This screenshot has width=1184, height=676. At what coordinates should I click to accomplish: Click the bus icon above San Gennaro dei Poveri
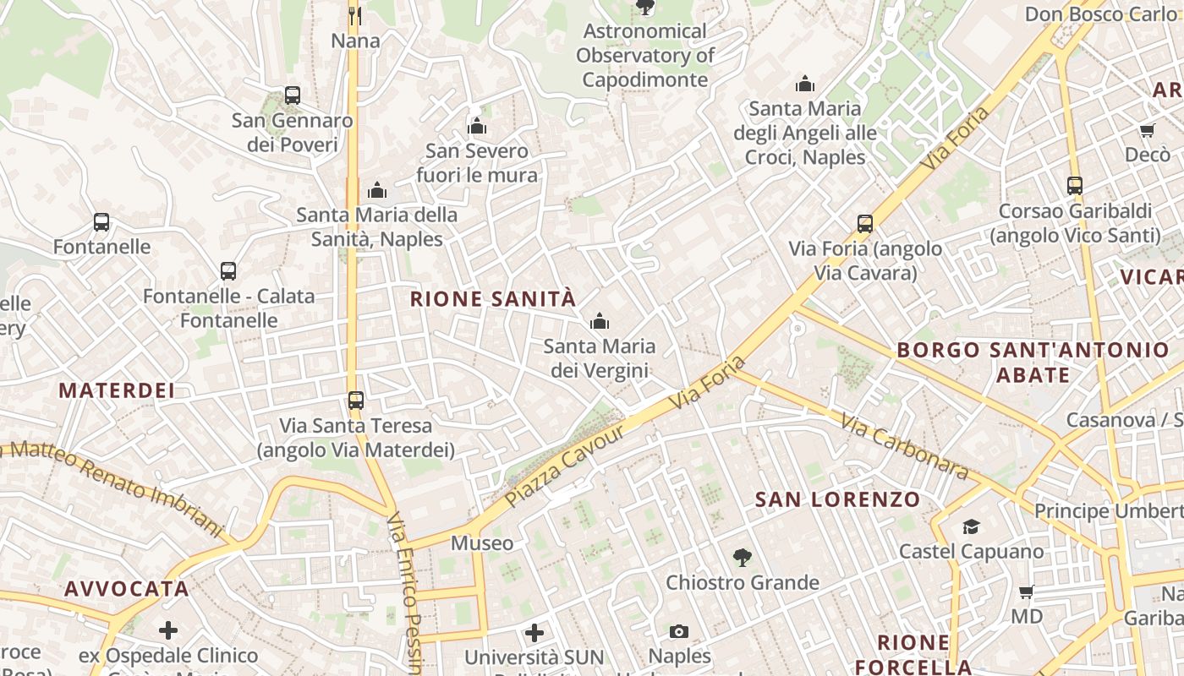(293, 95)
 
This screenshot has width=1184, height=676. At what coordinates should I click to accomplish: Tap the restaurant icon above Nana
(355, 15)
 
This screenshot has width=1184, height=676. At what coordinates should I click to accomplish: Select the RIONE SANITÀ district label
(493, 299)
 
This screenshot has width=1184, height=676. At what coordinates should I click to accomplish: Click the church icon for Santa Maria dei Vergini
(600, 321)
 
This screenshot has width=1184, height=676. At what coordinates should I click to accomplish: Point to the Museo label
(482, 542)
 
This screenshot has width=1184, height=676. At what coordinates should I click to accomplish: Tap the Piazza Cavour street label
(564, 466)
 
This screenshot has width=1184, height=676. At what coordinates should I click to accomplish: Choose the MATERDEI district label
(117, 390)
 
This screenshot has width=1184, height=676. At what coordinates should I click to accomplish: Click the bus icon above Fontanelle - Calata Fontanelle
(228, 271)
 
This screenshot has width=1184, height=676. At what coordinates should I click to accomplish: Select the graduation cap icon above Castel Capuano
(971, 527)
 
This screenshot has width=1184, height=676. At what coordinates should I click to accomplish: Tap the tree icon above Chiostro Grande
(742, 558)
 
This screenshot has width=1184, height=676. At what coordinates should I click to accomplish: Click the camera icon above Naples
(679, 631)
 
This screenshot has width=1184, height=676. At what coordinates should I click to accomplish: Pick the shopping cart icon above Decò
(1148, 130)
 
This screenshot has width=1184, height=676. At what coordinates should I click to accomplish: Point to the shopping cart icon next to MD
(1027, 592)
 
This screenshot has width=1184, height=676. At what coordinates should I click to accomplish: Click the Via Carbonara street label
(904, 445)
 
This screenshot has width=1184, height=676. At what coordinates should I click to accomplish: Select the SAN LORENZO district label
(837, 499)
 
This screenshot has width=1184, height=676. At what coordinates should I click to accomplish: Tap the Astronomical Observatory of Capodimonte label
(645, 56)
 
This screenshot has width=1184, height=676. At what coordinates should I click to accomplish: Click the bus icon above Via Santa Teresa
(356, 400)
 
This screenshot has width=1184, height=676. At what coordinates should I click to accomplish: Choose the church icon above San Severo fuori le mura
(477, 127)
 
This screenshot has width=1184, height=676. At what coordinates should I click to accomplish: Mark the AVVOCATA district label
(126, 589)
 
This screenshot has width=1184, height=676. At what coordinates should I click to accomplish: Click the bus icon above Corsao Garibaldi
(1075, 186)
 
